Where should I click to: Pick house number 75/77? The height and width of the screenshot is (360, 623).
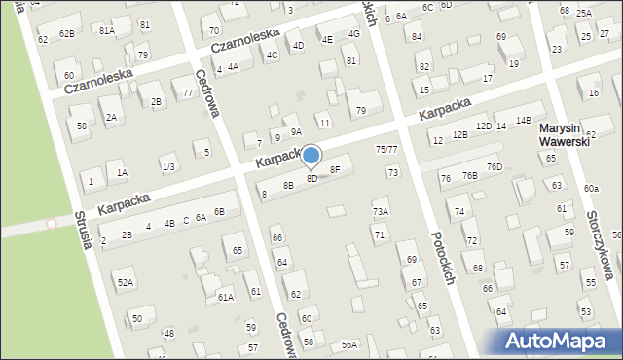pos(386,149)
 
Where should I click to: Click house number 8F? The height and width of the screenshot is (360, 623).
pos(335,169)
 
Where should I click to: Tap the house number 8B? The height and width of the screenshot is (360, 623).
pos(288,185)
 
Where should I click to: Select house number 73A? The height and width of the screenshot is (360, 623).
pos(381,212)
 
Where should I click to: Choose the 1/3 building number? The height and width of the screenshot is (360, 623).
pos(168,167)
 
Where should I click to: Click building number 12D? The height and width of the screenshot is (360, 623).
pos(484,126)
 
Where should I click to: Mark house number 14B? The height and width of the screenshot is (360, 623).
pos(524,120)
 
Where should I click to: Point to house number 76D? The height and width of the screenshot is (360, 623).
pos(495,167)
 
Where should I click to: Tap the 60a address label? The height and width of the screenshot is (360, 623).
pos(591,188)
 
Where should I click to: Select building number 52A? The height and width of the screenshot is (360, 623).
pos(126,282)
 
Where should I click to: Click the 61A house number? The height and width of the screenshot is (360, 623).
pos(225,297)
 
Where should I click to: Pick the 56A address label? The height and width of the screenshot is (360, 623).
pos(349,345)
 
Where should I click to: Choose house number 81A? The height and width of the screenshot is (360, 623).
pos(107,31)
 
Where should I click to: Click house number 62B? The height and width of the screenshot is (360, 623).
pos(66,33)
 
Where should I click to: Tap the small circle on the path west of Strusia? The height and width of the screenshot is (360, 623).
pos(52,224)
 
